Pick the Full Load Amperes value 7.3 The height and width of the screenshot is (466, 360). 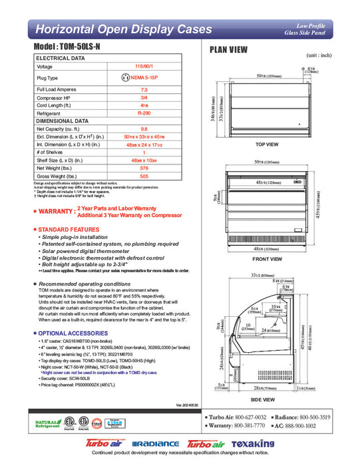pos(144,89)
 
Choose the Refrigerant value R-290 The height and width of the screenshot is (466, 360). pos(144,114)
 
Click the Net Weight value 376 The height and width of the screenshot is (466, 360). pos(144,168)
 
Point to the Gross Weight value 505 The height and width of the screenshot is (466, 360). pos(144,177)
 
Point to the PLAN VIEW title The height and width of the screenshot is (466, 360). pos(230,49)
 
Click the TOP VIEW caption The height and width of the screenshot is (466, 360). pos(267,144)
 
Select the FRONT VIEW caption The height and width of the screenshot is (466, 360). pos(266,258)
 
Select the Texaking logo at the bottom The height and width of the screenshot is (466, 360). pos(254,443)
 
